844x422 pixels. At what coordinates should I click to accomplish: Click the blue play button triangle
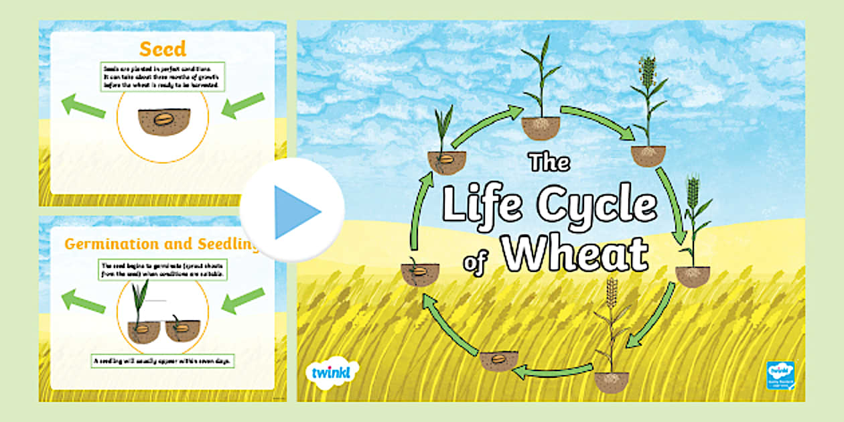coord(296,211)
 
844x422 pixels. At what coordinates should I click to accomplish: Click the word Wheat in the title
coord(575,253)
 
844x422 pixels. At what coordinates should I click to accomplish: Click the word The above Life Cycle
coord(549,163)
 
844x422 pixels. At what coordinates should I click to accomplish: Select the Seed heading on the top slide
coord(162,48)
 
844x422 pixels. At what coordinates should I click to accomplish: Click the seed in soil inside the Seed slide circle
coord(163,121)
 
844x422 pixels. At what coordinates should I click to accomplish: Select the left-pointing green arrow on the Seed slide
coord(83,106)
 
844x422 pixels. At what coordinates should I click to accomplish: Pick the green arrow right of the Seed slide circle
coord(242,105)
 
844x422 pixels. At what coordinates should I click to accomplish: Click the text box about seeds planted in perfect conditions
coord(162,76)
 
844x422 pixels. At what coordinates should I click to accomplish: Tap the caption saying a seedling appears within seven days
coord(162,362)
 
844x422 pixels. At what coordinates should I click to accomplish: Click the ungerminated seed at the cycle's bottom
coord(498,360)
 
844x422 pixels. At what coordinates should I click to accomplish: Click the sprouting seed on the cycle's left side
coord(420,271)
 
